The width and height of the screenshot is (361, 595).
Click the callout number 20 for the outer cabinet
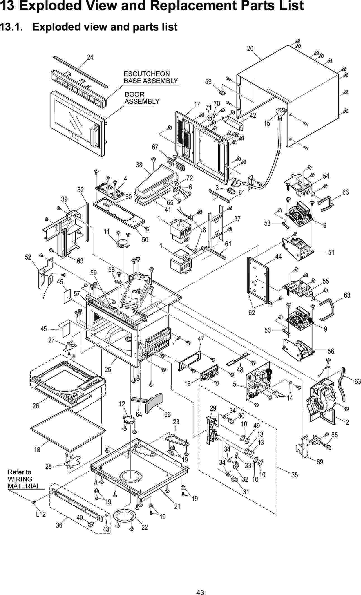coord(250,48)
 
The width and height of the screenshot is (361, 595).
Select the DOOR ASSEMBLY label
coord(142,98)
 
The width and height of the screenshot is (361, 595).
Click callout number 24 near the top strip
coord(90,57)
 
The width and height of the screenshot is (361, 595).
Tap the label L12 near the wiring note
coord(41,514)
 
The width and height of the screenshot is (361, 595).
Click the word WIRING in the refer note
coord(20,479)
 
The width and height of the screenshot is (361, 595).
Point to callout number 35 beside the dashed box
coord(294,475)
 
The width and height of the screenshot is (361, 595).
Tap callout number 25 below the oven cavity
coord(108,370)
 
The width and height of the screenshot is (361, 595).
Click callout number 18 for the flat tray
coord(37,450)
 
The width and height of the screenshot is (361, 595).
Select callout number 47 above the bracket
coord(201,339)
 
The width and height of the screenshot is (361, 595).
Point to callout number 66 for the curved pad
coord(167,415)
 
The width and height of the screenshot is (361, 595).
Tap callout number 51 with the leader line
coord(331,252)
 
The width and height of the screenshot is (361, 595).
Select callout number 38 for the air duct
coord(139,165)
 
